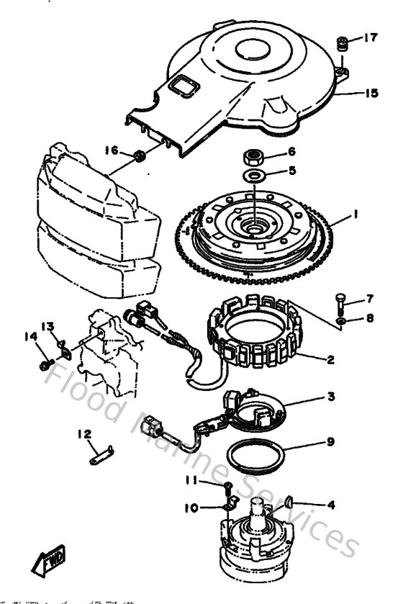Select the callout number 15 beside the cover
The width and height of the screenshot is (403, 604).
tap(370, 93)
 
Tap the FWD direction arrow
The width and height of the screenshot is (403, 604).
tap(47, 559)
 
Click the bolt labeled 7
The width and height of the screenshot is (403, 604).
tap(340, 300)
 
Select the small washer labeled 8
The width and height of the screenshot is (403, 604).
tap(340, 320)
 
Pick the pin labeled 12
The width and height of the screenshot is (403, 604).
tap(103, 452)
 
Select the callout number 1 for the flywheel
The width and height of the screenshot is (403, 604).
tap(355, 214)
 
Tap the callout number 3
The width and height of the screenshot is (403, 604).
tap(330, 397)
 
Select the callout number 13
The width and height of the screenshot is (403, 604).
tap(47, 326)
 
